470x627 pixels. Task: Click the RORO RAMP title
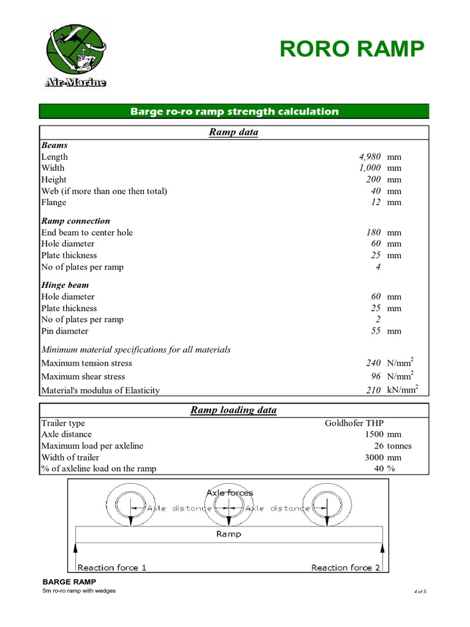point(351,49)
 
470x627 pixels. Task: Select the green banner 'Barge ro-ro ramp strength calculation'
point(234,111)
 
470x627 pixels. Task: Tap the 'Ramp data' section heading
point(234,132)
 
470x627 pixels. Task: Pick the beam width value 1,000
point(370,168)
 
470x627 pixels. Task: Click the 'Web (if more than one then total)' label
point(104,191)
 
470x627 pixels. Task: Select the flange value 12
point(375,203)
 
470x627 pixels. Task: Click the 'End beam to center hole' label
point(87,233)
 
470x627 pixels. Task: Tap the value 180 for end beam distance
point(373,233)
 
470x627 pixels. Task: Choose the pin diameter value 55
point(375,331)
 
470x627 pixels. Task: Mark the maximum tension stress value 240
point(373,363)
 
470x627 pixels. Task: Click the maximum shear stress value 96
point(375,377)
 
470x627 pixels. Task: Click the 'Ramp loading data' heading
point(234,410)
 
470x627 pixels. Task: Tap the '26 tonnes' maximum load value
point(392,446)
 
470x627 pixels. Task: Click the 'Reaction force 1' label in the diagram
point(112,568)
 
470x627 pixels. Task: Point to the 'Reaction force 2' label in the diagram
point(345,568)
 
